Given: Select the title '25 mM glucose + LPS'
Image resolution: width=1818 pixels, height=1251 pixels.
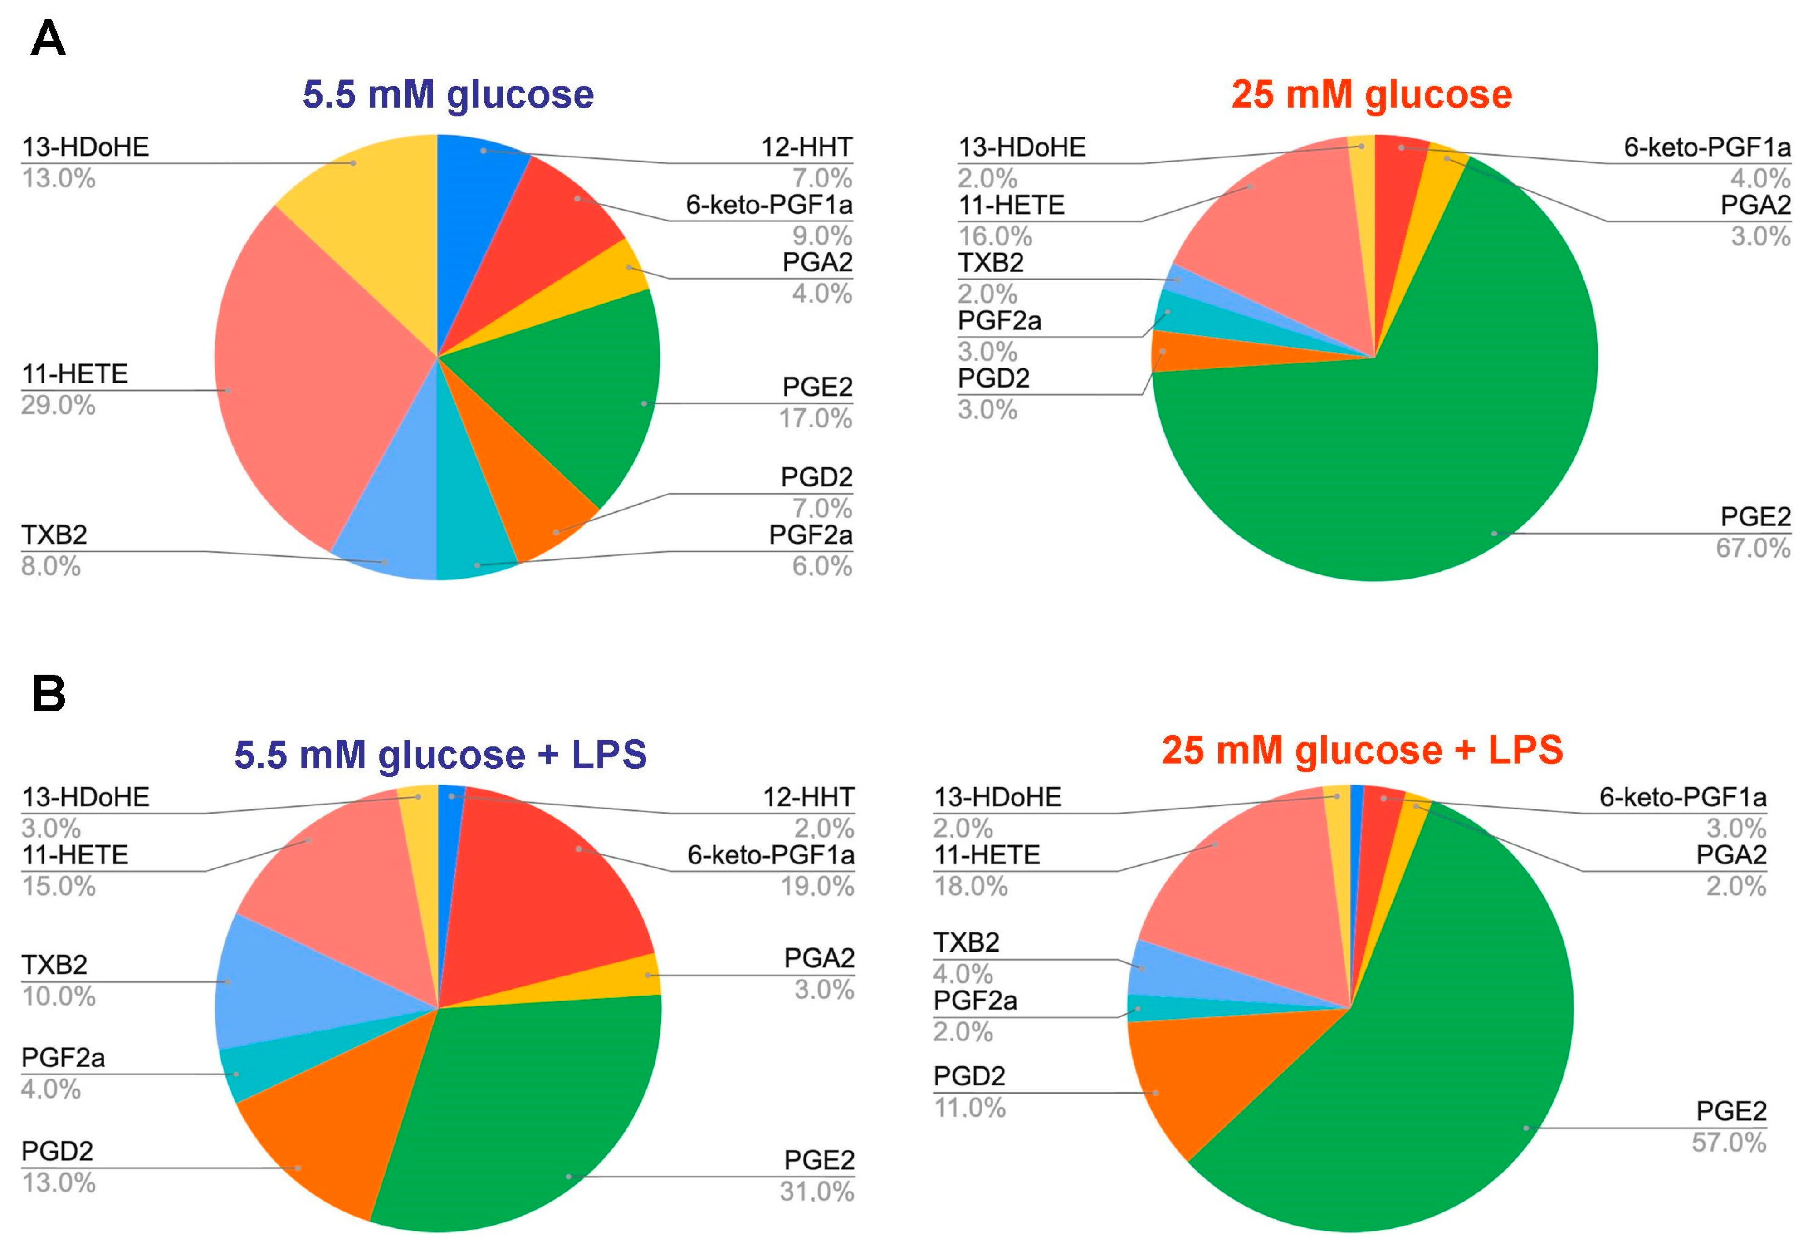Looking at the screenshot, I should (1362, 750).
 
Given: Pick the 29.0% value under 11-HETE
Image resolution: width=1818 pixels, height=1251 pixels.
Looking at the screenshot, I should (59, 405).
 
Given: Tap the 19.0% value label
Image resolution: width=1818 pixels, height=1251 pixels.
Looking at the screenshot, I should (816, 887).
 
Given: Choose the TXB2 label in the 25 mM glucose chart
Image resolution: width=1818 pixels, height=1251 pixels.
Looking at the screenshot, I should (991, 263).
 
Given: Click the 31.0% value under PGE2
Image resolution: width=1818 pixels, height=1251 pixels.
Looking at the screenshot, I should (816, 1192).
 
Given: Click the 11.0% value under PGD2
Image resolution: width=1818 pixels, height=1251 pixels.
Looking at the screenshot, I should (969, 1108).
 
